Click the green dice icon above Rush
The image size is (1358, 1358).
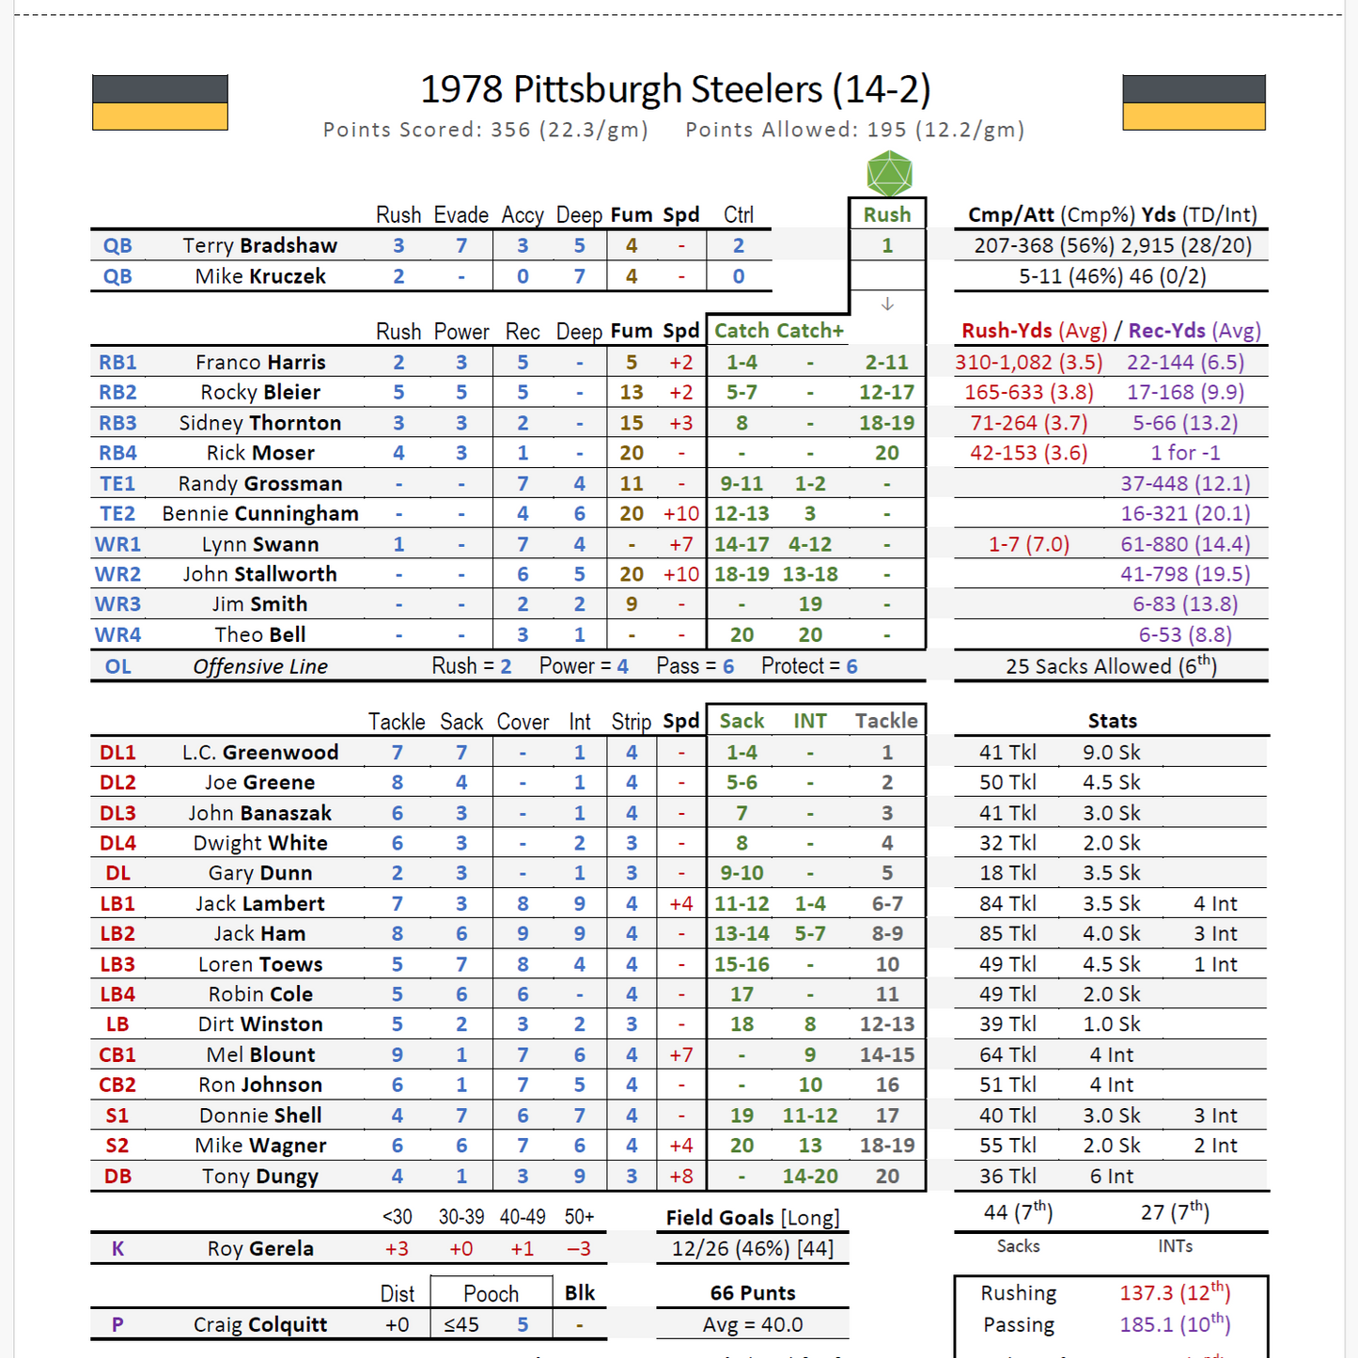pos(888,174)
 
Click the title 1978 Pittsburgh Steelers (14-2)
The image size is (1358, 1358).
pos(675,89)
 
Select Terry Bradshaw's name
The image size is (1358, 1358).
pos(259,246)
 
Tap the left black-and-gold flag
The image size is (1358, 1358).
pos(160,102)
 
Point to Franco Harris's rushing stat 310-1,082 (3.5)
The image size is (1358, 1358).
pos(1028,363)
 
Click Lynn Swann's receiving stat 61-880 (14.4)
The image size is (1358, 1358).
pos(1185,544)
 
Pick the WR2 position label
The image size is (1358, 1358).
pos(117,574)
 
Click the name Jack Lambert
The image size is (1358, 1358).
pos(259,904)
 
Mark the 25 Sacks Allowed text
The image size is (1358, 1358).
pos(1111,666)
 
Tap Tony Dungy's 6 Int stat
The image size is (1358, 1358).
pos(1111,1177)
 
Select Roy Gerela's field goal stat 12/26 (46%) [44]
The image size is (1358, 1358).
pos(752,1249)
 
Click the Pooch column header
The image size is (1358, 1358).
pos(491,1294)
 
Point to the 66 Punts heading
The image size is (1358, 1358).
pos(752,1293)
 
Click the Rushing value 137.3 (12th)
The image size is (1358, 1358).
pos(1175,1293)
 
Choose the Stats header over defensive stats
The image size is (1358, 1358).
pos(1112,721)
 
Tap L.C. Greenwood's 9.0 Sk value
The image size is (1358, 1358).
pos(1111,753)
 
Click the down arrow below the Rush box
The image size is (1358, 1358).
pos(887,304)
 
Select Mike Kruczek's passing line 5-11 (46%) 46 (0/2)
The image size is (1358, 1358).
pos(1112,276)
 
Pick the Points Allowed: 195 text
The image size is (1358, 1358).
pos(853,130)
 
